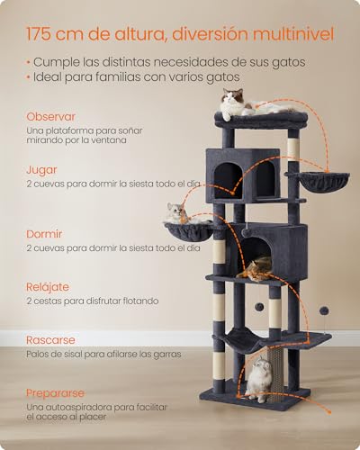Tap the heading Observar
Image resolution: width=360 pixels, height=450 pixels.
click(x=51, y=117)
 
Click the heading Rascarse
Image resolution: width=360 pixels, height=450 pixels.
click(x=51, y=340)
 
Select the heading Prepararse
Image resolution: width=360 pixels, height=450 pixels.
click(x=55, y=393)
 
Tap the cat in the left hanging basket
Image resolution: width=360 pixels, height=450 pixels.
click(x=177, y=214)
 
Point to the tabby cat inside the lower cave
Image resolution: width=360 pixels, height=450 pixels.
click(x=259, y=267)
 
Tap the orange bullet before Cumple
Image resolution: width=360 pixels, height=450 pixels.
click(x=29, y=62)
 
